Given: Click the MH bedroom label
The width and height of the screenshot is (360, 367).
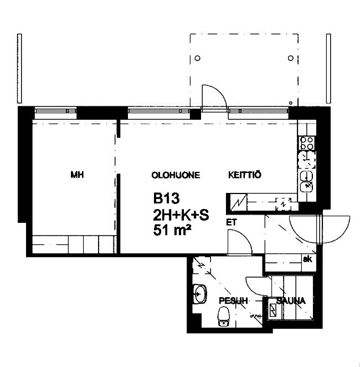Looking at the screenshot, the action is (x=77, y=175).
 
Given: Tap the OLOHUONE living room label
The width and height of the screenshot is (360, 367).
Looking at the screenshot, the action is (x=176, y=175).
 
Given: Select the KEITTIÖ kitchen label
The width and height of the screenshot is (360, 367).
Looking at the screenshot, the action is (x=244, y=175).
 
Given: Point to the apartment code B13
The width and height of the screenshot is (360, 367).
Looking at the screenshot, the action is (x=167, y=198).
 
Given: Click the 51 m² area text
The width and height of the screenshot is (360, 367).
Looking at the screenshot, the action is (x=172, y=230).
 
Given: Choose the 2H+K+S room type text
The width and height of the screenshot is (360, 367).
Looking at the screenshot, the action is (x=181, y=215).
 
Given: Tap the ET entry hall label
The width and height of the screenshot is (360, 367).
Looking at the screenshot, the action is (x=232, y=222).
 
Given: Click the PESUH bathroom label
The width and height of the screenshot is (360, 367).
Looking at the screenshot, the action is (x=233, y=300).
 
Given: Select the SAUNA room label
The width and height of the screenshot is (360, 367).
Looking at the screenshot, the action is (x=291, y=300).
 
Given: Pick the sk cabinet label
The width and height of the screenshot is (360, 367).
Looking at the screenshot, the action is (x=307, y=259).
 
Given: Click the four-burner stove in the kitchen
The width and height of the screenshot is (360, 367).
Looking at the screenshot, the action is (x=307, y=143).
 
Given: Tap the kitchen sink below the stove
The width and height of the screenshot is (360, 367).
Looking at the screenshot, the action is (x=306, y=182).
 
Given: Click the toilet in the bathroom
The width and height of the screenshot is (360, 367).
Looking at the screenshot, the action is (x=224, y=316).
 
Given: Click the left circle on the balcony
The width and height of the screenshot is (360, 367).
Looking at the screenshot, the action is (x=198, y=58).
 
